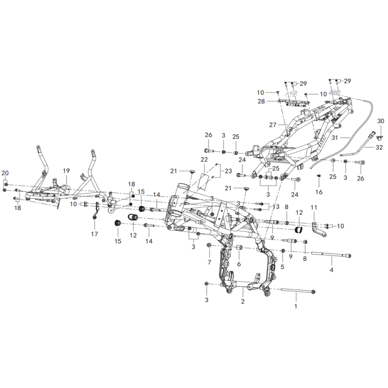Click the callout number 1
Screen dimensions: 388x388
[295, 307]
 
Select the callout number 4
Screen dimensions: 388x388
[332, 270]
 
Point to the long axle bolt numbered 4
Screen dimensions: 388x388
[331, 254]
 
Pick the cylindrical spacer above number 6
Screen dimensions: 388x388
[240, 247]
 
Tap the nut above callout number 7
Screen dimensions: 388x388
[209, 245]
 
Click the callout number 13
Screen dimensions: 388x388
[275, 207]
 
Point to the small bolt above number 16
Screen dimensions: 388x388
[319, 176]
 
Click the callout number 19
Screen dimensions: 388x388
[66, 171]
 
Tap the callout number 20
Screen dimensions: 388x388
[5, 173]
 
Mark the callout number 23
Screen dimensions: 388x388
[228, 171]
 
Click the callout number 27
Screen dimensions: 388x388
[273, 125]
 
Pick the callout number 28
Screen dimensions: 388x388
[261, 101]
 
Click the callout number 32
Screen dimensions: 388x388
[379, 147]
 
